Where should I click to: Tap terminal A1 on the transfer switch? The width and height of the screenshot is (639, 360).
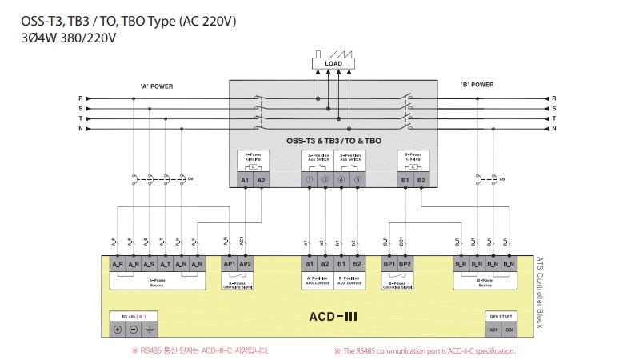[246, 181]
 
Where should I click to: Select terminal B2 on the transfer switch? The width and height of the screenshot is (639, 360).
[421, 181]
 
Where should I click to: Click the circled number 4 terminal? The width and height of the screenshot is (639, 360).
[341, 181]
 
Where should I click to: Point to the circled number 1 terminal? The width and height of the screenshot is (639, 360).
[309, 181]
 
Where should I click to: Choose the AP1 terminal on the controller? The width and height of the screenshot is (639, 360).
[229, 263]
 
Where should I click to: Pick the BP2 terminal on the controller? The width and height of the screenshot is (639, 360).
[406, 263]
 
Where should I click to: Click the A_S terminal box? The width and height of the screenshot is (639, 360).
[149, 263]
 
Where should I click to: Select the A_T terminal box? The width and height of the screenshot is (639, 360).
[165, 263]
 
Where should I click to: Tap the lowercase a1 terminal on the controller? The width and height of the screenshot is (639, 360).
[309, 263]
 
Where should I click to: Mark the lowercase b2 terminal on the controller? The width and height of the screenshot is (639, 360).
[357, 263]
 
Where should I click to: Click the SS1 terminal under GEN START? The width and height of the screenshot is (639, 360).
[493, 330]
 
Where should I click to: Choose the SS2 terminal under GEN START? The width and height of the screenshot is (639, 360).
[509, 330]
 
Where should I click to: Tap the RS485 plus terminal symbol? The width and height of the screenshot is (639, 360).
[117, 330]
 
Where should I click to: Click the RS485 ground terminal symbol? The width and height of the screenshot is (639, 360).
[149, 330]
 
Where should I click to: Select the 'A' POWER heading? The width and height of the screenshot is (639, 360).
[156, 86]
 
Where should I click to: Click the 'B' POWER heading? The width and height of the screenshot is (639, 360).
[477, 84]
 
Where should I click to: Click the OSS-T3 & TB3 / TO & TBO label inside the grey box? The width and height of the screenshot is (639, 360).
[333, 141]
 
